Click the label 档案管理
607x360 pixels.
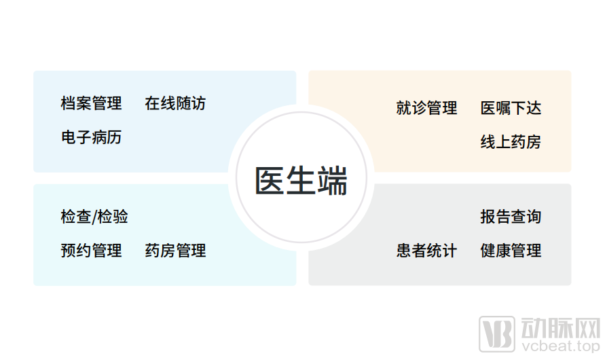click(x=91, y=103)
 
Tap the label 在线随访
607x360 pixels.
click(x=175, y=103)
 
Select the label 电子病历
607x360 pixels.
click(x=91, y=137)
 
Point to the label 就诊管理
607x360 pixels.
click(x=426, y=108)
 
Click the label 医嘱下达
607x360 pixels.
click(x=511, y=108)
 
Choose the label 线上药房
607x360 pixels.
click(x=511, y=142)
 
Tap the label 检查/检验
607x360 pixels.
click(x=94, y=217)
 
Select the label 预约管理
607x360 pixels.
click(x=91, y=251)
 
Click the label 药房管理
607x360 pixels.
click(x=175, y=251)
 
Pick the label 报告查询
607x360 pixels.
click(x=511, y=217)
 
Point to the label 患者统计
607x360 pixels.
click(x=426, y=251)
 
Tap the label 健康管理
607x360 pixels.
click(x=511, y=251)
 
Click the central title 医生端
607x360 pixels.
click(x=301, y=181)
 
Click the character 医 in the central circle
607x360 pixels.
click(x=270, y=181)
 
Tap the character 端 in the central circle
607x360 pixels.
click(x=332, y=181)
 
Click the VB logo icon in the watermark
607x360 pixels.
click(x=497, y=334)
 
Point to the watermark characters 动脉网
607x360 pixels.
click(x=561, y=327)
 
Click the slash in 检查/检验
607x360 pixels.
click(x=94, y=217)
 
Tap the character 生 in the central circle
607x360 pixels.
click(x=301, y=181)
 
